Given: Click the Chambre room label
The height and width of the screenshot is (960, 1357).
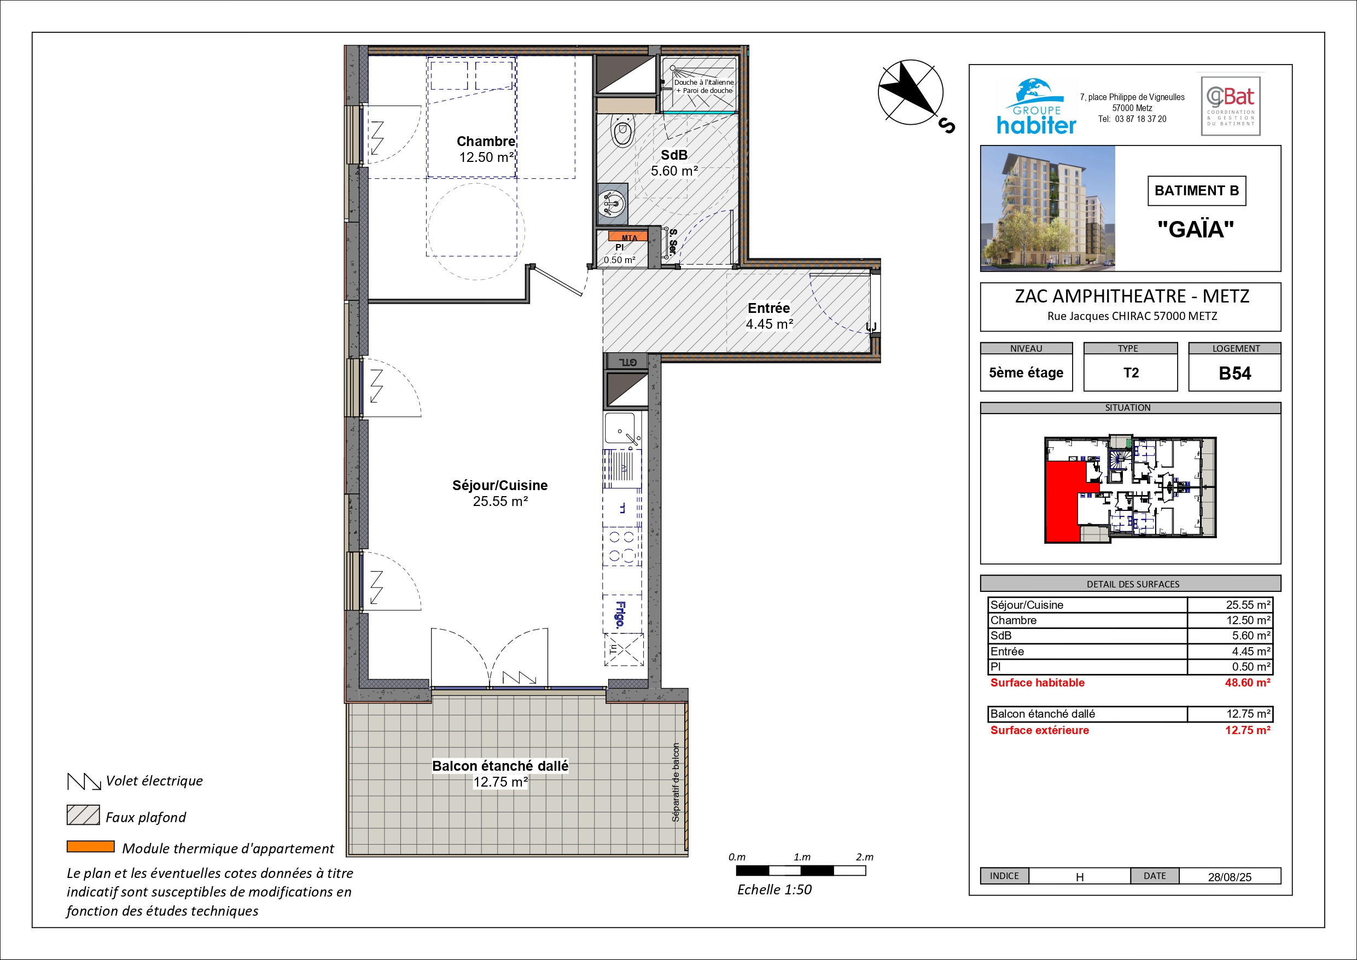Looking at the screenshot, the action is pos(486,141).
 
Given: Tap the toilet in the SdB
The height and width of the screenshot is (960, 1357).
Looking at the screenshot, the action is pos(622,130).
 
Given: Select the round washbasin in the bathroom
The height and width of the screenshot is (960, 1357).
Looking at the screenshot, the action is pos(611,204).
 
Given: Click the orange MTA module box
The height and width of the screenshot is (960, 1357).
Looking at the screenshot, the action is pos(628,236).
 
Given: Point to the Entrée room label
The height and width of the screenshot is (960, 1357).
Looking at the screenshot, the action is pos(768,308).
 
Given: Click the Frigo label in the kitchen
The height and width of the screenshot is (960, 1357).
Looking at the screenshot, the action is pos(620,614).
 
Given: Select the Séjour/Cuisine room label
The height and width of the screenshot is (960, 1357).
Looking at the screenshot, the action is pos(500,485).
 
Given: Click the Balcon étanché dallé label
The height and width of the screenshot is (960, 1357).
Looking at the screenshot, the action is pos(500,766).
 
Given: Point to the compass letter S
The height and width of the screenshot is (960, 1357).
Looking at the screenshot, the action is pos(946,126).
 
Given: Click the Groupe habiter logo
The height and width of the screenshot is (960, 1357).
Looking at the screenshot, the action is pos(1036,107).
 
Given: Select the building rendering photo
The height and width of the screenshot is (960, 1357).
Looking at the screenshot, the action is pos(1048,208).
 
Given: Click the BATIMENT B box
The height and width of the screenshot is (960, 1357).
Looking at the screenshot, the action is pos(1197,191).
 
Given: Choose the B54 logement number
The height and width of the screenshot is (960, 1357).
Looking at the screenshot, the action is pos(1234,374).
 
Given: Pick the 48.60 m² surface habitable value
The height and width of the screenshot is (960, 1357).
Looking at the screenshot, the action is pos(1248,683).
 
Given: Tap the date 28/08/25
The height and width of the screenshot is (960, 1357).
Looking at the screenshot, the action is pos(1230,877).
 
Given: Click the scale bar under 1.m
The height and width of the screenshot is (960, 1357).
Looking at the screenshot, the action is pos(801,871).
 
